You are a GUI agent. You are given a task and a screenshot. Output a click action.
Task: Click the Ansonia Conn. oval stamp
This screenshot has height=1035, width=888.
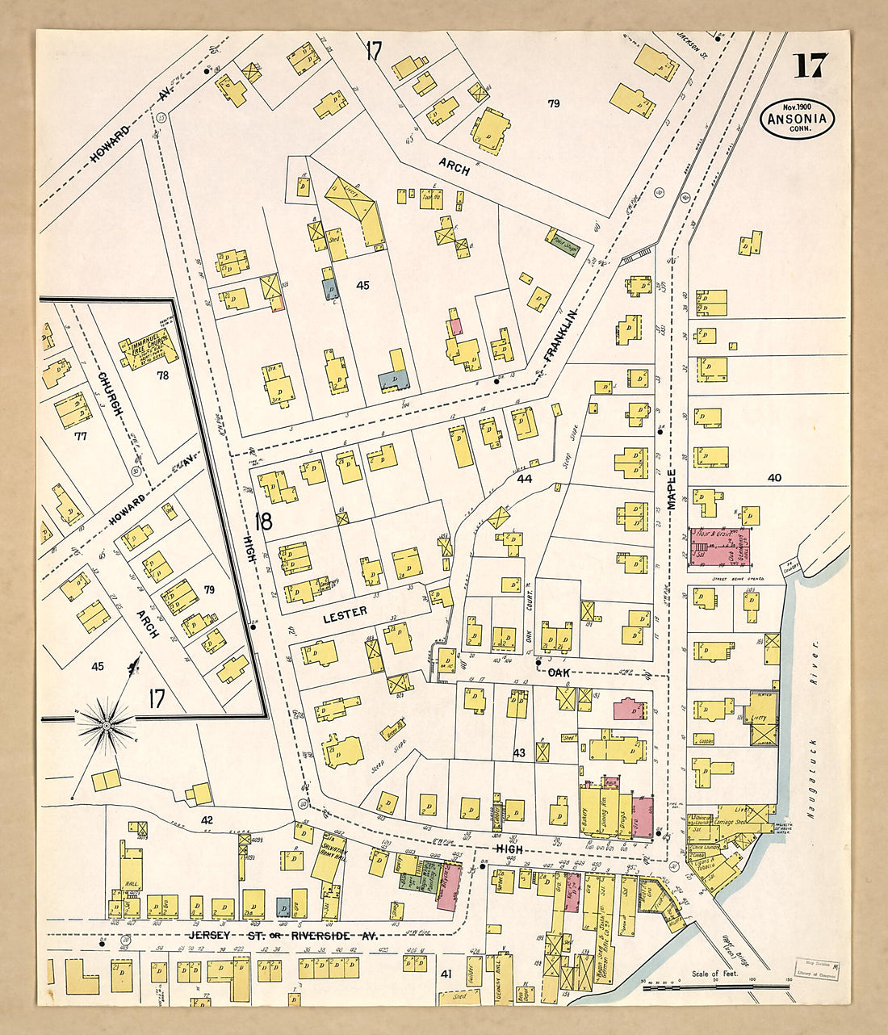(x=797, y=119)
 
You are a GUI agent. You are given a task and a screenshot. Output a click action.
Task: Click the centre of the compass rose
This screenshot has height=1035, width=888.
(x=105, y=727)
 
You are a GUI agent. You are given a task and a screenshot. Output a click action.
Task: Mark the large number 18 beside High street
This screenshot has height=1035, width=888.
(x=263, y=522)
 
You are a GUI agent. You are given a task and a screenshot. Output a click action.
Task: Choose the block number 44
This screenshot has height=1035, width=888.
(x=525, y=479)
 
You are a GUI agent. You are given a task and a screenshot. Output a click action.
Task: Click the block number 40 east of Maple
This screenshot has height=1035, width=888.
(x=774, y=478)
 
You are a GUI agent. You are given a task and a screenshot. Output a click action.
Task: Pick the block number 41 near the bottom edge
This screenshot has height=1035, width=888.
(x=445, y=974)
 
